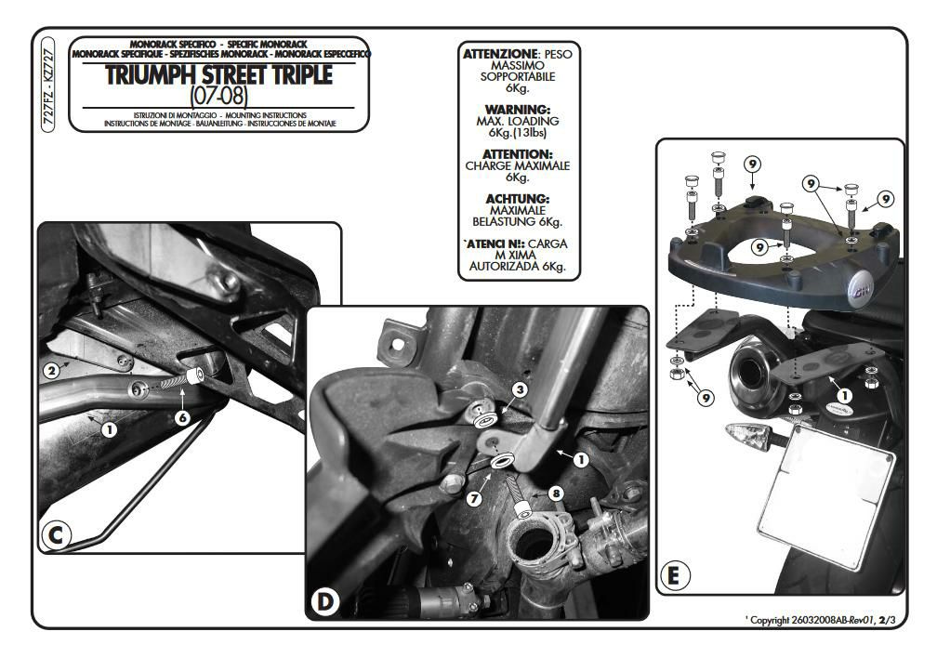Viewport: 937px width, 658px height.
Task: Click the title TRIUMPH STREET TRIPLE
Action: (218, 76)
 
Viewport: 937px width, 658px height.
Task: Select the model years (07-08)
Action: (218, 96)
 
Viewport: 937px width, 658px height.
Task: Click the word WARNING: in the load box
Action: (518, 109)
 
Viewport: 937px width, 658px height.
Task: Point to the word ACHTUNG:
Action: (518, 198)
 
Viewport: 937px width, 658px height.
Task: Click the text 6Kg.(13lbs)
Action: (518, 133)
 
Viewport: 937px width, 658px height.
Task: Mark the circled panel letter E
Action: (674, 575)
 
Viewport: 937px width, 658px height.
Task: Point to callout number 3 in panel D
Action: (521, 388)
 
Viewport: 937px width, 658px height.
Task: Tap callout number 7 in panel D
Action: (474, 498)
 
